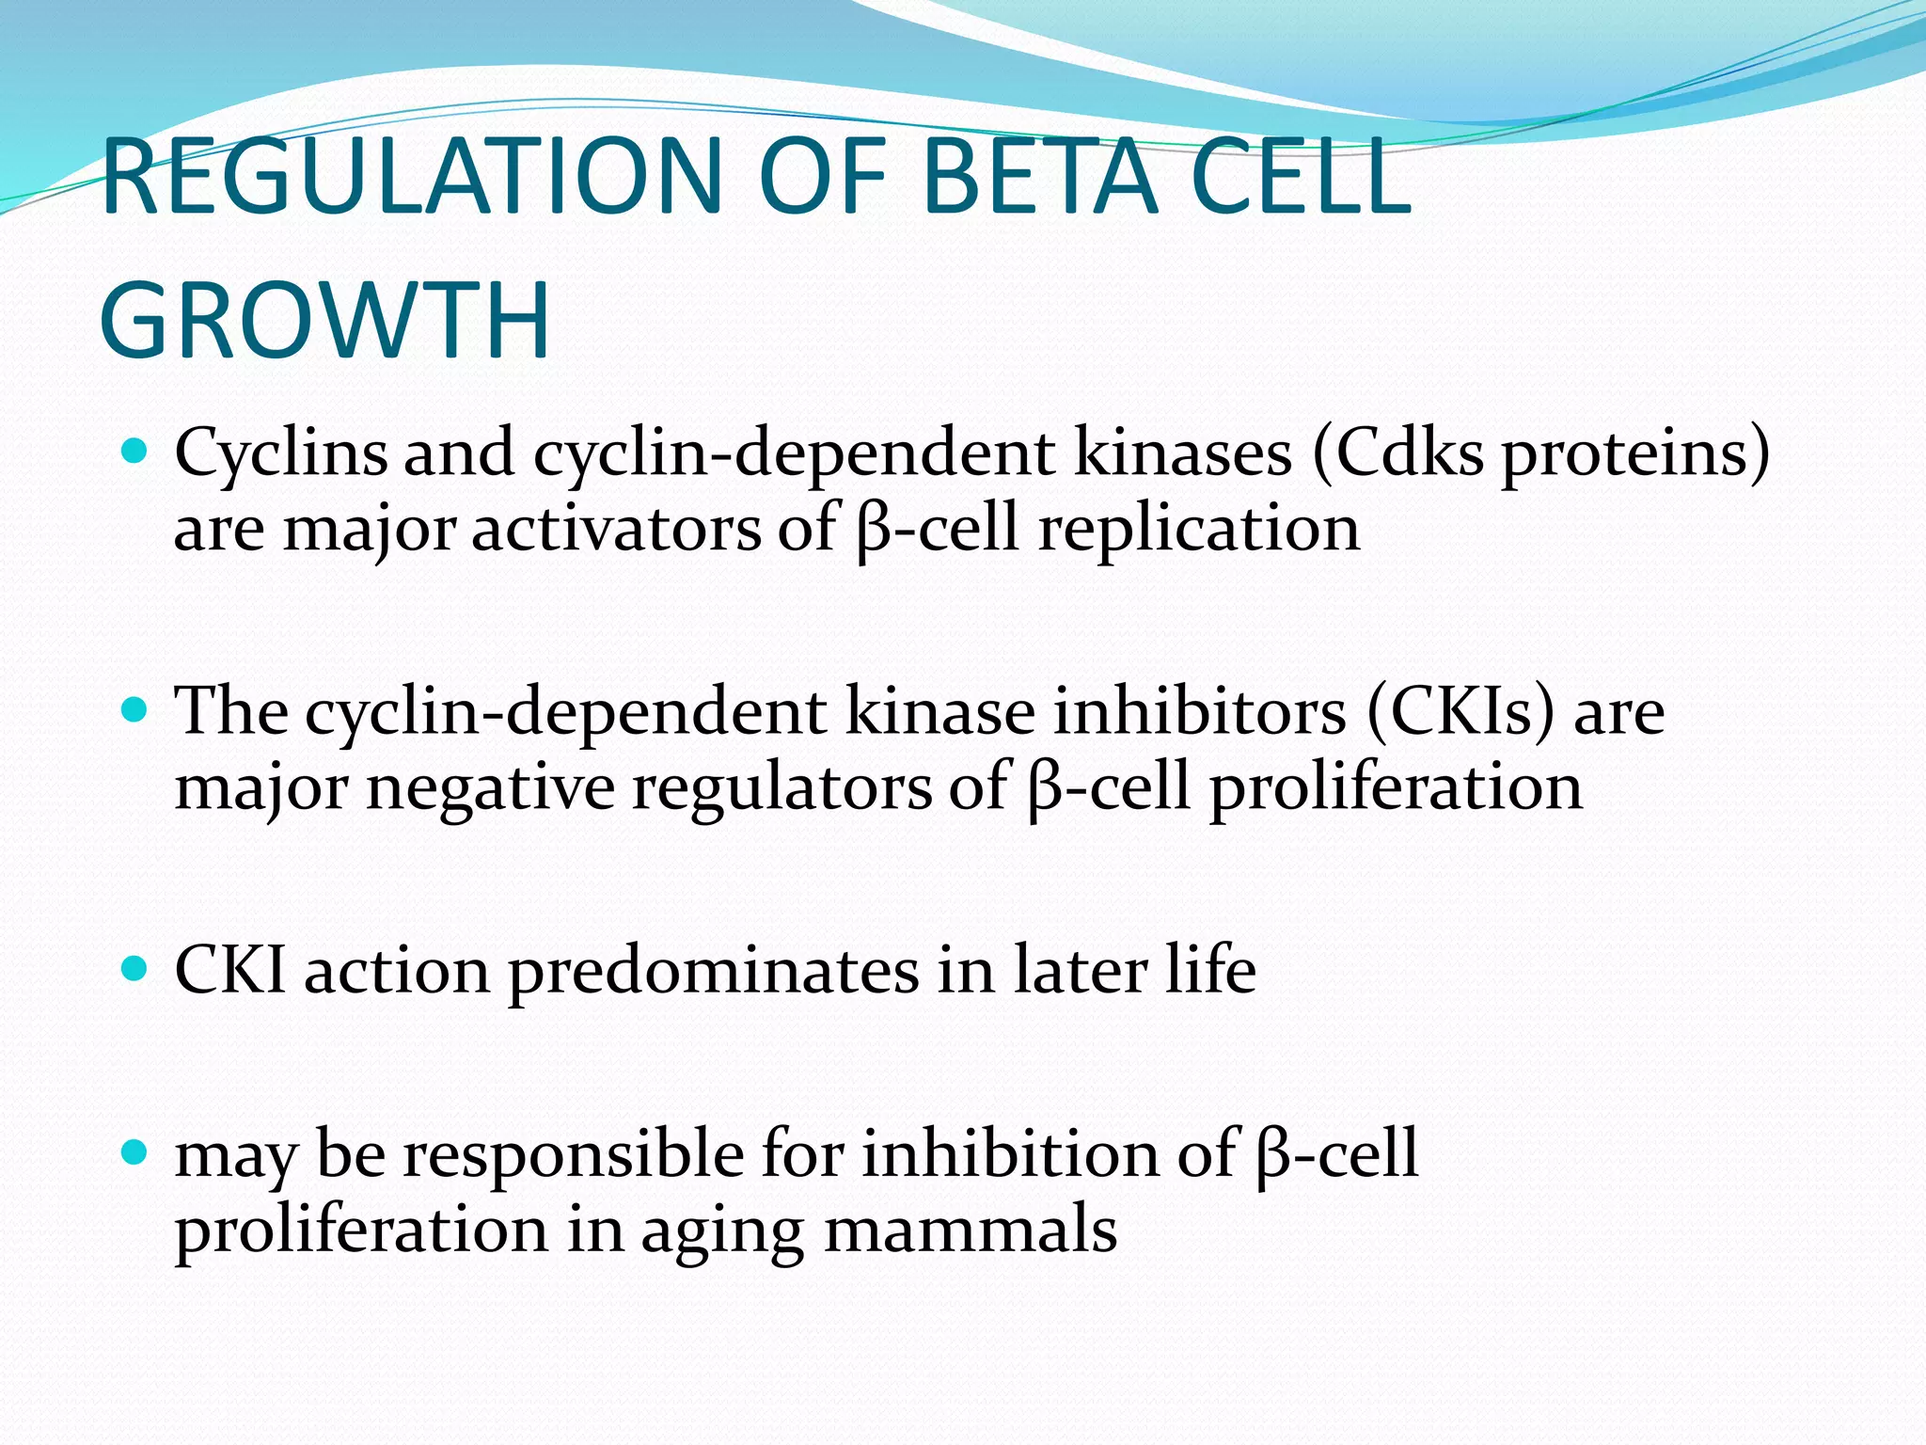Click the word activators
click(x=615, y=529)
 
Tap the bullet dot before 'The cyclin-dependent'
click(x=135, y=708)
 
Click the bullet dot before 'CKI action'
click(x=135, y=967)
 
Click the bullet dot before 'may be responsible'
click(x=135, y=1151)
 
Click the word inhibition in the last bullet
click(x=1010, y=1154)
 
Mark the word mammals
click(x=971, y=1230)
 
